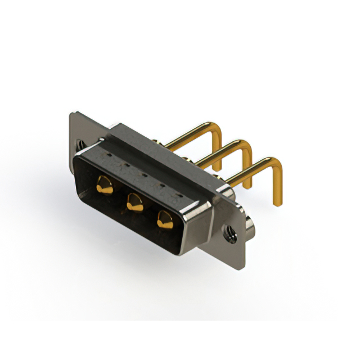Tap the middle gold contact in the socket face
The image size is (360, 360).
tap(134, 201)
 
